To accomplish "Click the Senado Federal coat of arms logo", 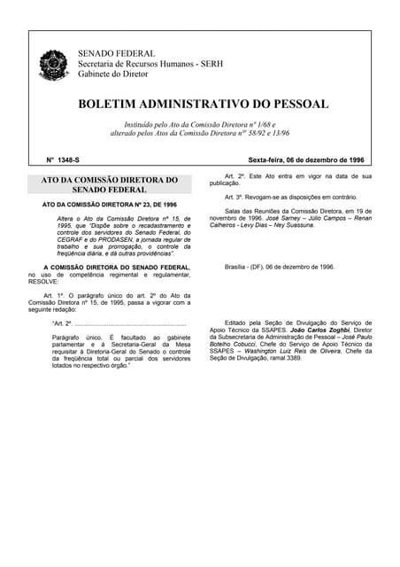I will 53,65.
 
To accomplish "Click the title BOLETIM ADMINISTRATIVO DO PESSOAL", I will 203,104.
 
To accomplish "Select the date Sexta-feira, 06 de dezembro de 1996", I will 305,160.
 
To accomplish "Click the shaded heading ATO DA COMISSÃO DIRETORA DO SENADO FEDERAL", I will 110,184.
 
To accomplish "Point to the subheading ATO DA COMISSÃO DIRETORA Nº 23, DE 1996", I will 110,205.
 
